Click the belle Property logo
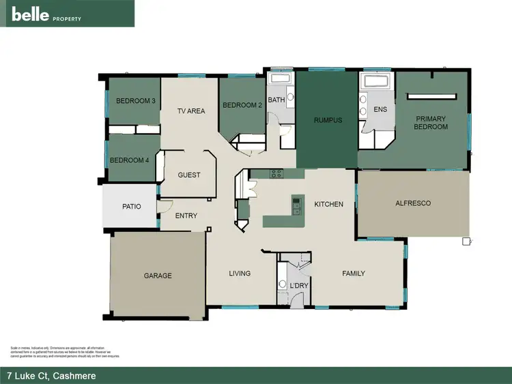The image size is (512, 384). click(x=46, y=14)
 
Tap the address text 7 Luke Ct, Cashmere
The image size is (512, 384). click(x=51, y=376)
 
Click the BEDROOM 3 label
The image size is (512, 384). click(x=135, y=101)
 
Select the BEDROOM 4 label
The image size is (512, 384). click(x=129, y=160)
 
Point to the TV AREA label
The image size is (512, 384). click(x=191, y=111)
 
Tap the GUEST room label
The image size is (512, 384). click(x=189, y=175)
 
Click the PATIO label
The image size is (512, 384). click(x=131, y=206)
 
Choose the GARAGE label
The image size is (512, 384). click(x=158, y=276)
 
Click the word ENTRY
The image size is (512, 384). click(x=186, y=216)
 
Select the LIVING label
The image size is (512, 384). click(x=240, y=274)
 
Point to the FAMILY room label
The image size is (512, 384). click(x=353, y=274)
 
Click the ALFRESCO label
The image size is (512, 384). click(x=413, y=203)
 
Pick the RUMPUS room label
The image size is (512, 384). click(x=328, y=120)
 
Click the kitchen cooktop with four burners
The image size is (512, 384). click(x=276, y=173)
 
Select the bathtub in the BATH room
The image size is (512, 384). click(x=280, y=78)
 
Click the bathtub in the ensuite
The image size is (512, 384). click(x=376, y=82)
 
